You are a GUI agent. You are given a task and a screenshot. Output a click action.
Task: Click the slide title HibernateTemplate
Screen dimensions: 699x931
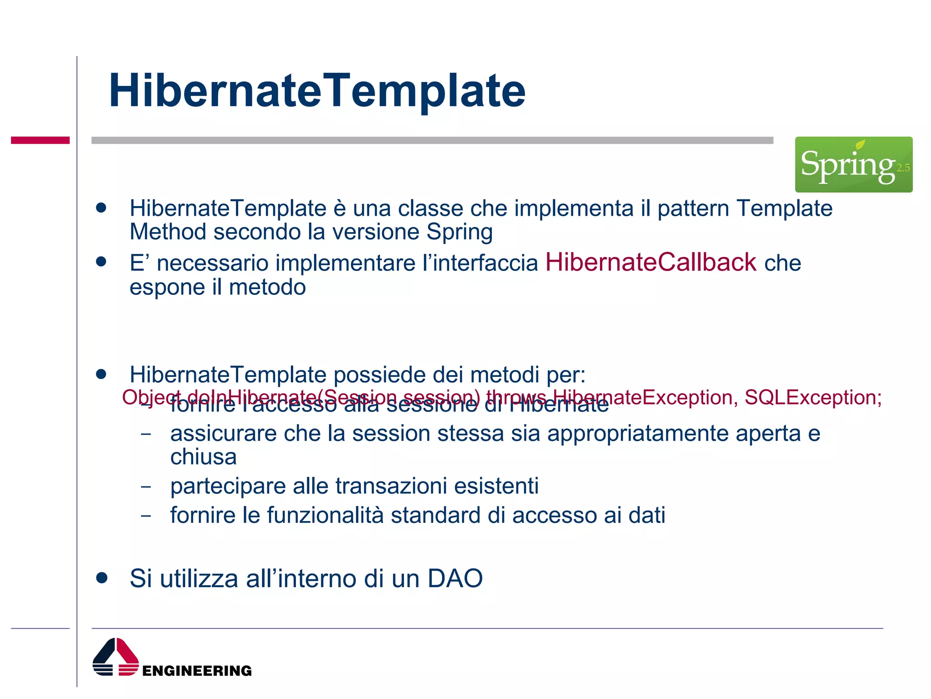coord(317,91)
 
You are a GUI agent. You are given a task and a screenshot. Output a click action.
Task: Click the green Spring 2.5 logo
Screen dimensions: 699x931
coord(853,164)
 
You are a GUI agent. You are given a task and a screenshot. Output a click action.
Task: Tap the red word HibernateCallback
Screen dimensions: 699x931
coord(651,263)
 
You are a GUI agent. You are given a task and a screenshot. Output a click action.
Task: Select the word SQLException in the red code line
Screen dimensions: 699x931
coord(812,397)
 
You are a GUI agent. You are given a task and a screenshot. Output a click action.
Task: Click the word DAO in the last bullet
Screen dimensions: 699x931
coord(455,578)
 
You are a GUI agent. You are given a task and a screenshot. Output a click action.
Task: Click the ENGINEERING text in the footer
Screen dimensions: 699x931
coord(197,671)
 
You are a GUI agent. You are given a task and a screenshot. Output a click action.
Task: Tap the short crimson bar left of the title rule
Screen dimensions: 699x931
coord(40,140)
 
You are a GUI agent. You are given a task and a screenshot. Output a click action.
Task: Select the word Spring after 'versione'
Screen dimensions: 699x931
coord(460,232)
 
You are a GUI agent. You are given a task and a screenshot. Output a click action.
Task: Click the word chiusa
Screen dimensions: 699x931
coord(203,457)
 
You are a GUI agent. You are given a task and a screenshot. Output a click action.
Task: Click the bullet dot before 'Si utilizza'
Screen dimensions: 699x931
coord(101,578)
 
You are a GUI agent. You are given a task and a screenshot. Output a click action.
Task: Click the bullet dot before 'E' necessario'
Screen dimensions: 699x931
coord(101,262)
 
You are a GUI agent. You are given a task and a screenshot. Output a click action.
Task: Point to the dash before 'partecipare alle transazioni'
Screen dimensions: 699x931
coord(146,486)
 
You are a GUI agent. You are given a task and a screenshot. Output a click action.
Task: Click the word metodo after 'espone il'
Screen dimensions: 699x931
coord(267,287)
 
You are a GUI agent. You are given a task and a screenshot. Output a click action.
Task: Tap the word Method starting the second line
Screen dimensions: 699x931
coord(168,232)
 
